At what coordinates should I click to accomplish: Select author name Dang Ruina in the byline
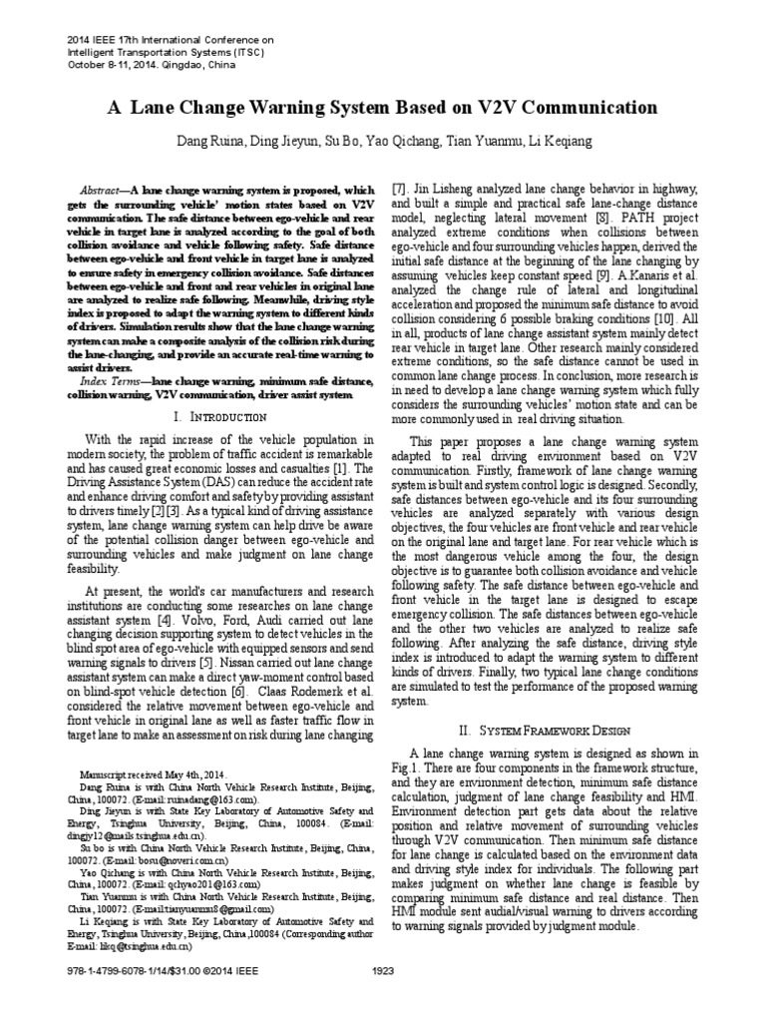(x=207, y=142)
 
